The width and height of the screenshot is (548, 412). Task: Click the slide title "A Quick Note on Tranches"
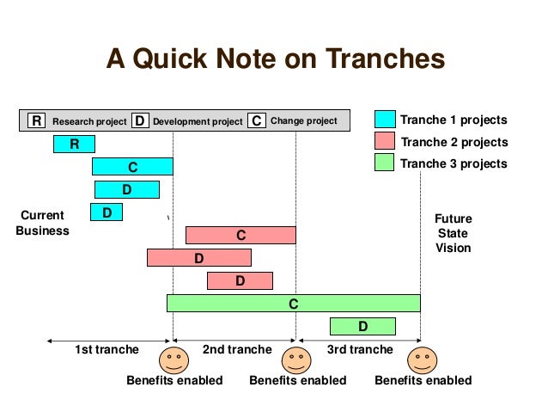275,59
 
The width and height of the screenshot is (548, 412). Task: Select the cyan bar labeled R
74,144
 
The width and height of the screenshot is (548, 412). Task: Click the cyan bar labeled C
132,167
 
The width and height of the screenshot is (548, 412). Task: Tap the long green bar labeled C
293,303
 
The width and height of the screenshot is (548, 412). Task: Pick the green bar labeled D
362,326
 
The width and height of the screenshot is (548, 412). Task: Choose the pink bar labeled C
241,235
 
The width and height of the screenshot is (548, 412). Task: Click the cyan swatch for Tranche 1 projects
385,120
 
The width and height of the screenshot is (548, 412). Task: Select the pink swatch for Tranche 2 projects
385,141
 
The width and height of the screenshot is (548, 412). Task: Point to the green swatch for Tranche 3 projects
385,163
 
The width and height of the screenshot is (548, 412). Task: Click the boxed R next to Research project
36,121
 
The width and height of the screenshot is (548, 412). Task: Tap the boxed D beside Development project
140,121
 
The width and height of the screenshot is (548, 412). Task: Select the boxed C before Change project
257,121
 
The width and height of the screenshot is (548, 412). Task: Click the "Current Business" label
42,223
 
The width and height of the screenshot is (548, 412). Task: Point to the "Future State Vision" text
453,233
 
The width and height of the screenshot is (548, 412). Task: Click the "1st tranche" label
107,349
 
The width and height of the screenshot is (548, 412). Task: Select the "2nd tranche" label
236,349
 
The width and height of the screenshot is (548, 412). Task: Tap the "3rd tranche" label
360,349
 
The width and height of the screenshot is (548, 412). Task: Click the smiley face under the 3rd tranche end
422,359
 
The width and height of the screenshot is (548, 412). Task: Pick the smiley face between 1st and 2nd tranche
174,359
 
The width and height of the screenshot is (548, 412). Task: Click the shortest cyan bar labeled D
107,212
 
